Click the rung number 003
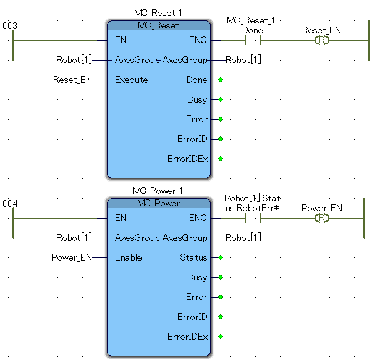pyautogui.click(x=9, y=26)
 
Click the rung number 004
pyautogui.click(x=9, y=203)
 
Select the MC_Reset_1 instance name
pyautogui.click(x=158, y=13)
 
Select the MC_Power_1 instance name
pyautogui.click(x=158, y=191)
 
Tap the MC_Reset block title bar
pyautogui.click(x=158, y=25)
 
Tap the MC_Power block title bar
pyautogui.click(x=158, y=203)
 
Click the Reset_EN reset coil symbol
pyautogui.click(x=321, y=41)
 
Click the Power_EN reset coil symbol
pyautogui.click(x=321, y=219)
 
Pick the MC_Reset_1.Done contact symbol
pyautogui.click(x=252, y=41)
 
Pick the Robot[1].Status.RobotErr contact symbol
pyautogui.click(x=252, y=219)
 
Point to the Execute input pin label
pyautogui.click(x=131, y=80)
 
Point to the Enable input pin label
pyautogui.click(x=128, y=257)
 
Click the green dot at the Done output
pyautogui.click(x=220, y=80)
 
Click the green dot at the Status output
pyautogui.click(x=220, y=257)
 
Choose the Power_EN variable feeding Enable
pyautogui.click(x=71, y=257)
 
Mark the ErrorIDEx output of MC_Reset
pyautogui.click(x=187, y=159)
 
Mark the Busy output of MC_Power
pyautogui.click(x=197, y=277)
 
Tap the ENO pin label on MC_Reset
pyautogui.click(x=198, y=41)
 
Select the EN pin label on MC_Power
pyautogui.click(x=120, y=218)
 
